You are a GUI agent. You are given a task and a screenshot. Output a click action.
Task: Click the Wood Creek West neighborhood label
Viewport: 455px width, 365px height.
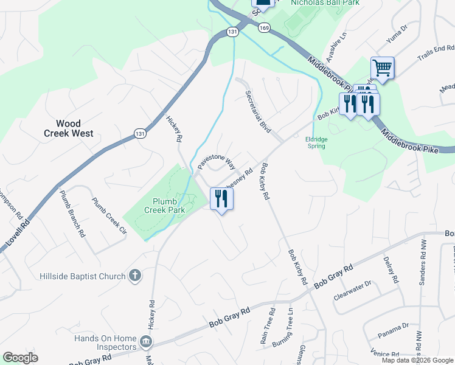point(68,128)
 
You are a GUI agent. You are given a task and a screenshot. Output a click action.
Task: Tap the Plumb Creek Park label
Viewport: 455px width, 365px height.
point(164,206)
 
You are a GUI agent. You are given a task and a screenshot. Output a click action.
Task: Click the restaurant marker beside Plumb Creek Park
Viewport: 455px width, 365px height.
point(221,198)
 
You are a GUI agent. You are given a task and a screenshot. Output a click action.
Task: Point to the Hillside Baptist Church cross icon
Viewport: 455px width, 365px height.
point(135,276)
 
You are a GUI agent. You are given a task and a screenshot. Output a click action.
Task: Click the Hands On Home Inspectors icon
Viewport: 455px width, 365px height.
point(146,342)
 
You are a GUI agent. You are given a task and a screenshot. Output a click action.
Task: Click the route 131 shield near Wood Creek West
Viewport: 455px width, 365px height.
point(141,134)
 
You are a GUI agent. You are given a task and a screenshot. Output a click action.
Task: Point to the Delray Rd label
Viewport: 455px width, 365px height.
point(391,271)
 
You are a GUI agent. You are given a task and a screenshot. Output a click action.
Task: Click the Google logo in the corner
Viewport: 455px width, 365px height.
point(20,358)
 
